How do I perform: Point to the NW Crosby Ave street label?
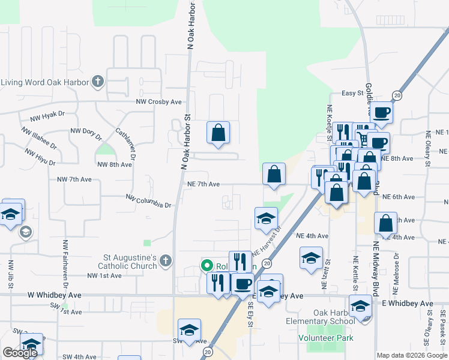coord(158,102)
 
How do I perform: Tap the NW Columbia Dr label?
coord(149,201)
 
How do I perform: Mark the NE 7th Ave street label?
coord(203,184)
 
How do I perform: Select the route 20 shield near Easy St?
coord(397,95)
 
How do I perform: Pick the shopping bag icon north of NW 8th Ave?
coord(218,132)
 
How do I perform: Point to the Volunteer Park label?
coord(326,338)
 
